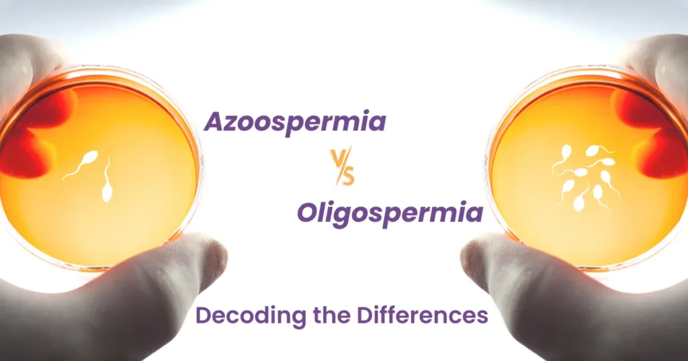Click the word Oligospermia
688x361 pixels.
point(390,214)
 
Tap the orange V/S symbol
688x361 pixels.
point(342,168)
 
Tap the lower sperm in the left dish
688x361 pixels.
point(106,185)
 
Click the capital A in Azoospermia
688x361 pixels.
point(214,122)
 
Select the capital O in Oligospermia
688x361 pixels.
point(307,214)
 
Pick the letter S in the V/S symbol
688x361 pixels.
point(349,176)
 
